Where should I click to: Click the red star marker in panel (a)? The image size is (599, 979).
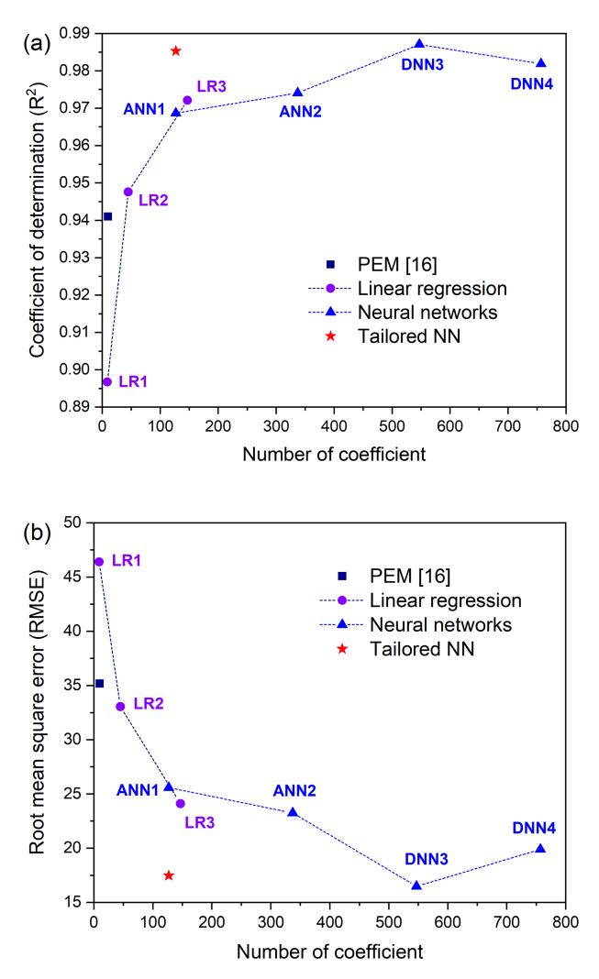(x=176, y=50)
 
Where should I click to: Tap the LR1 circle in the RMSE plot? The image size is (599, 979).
(x=99, y=561)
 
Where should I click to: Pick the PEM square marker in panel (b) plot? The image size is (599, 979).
(x=100, y=683)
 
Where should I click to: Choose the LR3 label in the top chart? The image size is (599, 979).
(x=212, y=86)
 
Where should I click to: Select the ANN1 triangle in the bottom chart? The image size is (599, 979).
(x=168, y=786)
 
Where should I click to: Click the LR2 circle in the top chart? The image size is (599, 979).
(x=128, y=192)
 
